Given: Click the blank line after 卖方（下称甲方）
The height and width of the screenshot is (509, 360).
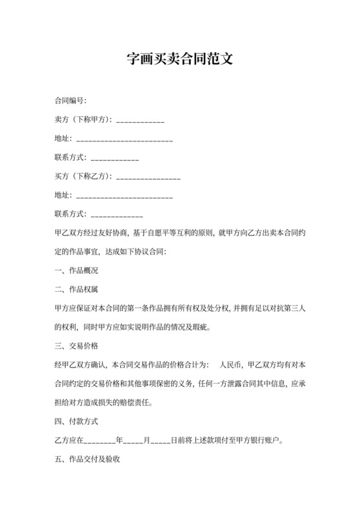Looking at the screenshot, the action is click(x=140, y=120).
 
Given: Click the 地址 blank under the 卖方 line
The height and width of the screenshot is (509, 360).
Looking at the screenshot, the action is click(x=125, y=139).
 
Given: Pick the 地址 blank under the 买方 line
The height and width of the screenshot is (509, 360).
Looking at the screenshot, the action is click(x=125, y=195).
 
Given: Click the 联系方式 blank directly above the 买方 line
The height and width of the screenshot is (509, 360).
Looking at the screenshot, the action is click(x=115, y=157).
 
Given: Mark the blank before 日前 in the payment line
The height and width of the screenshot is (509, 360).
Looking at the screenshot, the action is click(x=160, y=442).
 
